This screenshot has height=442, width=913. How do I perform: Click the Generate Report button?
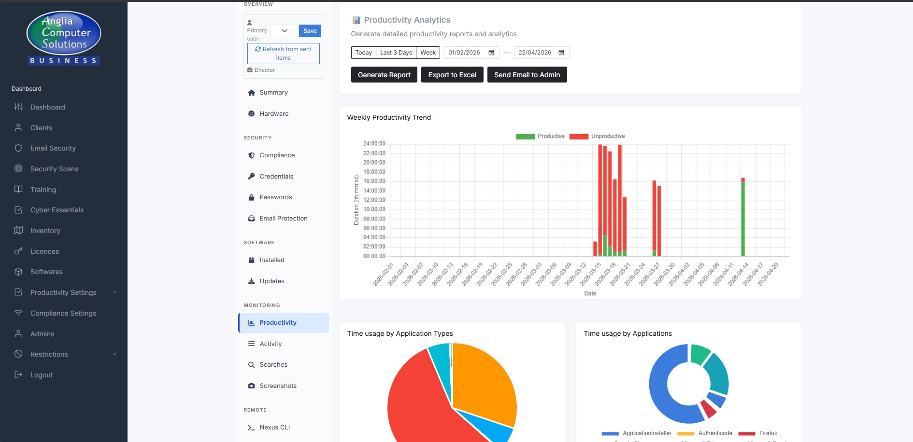[384, 75]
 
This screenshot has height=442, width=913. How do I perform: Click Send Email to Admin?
[527, 75]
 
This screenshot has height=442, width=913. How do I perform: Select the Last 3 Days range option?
[396, 53]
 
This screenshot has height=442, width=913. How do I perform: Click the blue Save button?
[310, 31]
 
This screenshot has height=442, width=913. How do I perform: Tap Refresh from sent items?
[284, 54]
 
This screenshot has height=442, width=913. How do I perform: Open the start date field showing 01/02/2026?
[464, 53]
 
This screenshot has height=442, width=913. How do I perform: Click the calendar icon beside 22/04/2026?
[561, 53]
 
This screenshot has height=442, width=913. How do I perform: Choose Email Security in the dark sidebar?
[53, 148]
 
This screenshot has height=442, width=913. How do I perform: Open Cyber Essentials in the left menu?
[57, 210]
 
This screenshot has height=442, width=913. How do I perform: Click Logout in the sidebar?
[41, 375]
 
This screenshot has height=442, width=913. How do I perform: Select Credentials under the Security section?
[276, 176]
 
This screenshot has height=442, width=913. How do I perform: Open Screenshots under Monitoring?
[278, 386]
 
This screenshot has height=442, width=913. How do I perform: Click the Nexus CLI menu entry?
[274, 427]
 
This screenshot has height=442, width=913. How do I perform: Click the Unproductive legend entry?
[598, 136]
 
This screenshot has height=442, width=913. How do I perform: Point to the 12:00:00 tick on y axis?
[374, 200]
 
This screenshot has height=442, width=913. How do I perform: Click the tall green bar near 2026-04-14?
[743, 217]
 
